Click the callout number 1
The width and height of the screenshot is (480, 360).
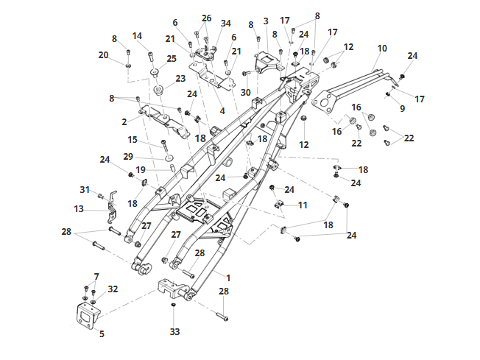(x=228, y=278)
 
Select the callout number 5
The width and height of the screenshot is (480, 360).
(x=102, y=333)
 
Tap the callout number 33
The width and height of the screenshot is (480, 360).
(x=174, y=331)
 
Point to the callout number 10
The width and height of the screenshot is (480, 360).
(x=382, y=49)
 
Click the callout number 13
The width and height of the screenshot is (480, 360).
(x=79, y=209)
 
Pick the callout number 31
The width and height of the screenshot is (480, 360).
(x=85, y=190)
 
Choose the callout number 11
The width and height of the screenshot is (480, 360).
(x=303, y=205)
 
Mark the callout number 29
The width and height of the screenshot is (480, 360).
(x=128, y=156)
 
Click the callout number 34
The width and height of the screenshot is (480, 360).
(x=226, y=24)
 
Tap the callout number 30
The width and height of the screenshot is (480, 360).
(x=246, y=92)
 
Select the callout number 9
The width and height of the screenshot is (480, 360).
(x=403, y=108)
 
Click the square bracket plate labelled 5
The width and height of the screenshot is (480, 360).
(x=88, y=316)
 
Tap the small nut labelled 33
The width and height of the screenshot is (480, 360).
(x=174, y=306)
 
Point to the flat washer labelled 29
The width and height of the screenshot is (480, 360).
(x=169, y=158)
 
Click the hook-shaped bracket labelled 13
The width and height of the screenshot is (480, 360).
(x=112, y=207)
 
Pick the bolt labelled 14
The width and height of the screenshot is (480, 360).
(x=150, y=57)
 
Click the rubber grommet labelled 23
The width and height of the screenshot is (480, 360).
(x=158, y=91)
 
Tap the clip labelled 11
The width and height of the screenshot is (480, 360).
(x=278, y=204)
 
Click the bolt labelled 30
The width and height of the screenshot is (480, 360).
(x=248, y=73)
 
